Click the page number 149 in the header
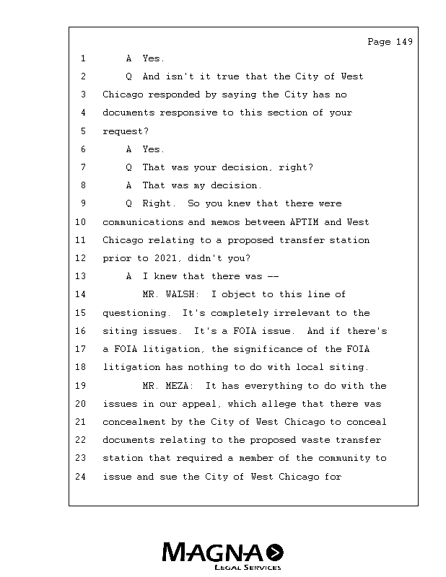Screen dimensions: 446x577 [404, 42]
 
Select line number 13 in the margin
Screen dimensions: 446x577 [80, 276]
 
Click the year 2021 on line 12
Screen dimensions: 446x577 [165, 258]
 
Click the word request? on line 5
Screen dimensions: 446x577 [126, 131]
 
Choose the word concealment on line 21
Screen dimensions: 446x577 [134, 422]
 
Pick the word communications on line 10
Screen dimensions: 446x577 [143, 222]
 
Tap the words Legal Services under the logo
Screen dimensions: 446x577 [248, 567]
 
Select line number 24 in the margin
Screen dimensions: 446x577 [80, 477]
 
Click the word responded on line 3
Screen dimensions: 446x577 [174, 94]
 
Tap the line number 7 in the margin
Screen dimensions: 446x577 [83, 167]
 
